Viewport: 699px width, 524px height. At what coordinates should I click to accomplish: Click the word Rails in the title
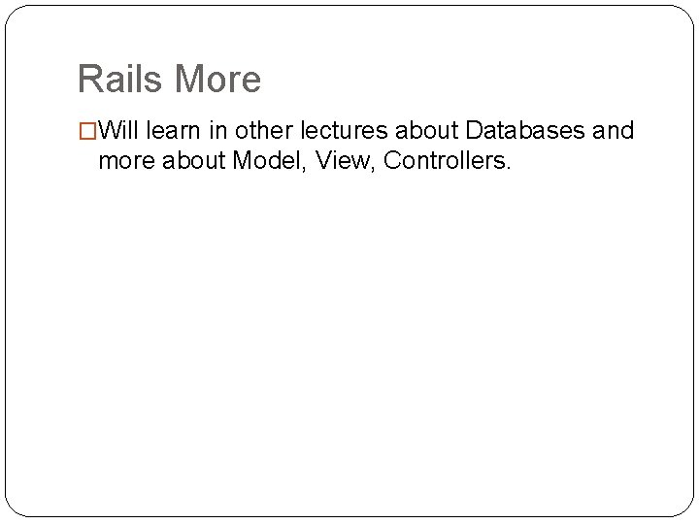119,79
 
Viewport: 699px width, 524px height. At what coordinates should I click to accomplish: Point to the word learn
177,130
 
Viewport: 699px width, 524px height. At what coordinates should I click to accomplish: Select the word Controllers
443,160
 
